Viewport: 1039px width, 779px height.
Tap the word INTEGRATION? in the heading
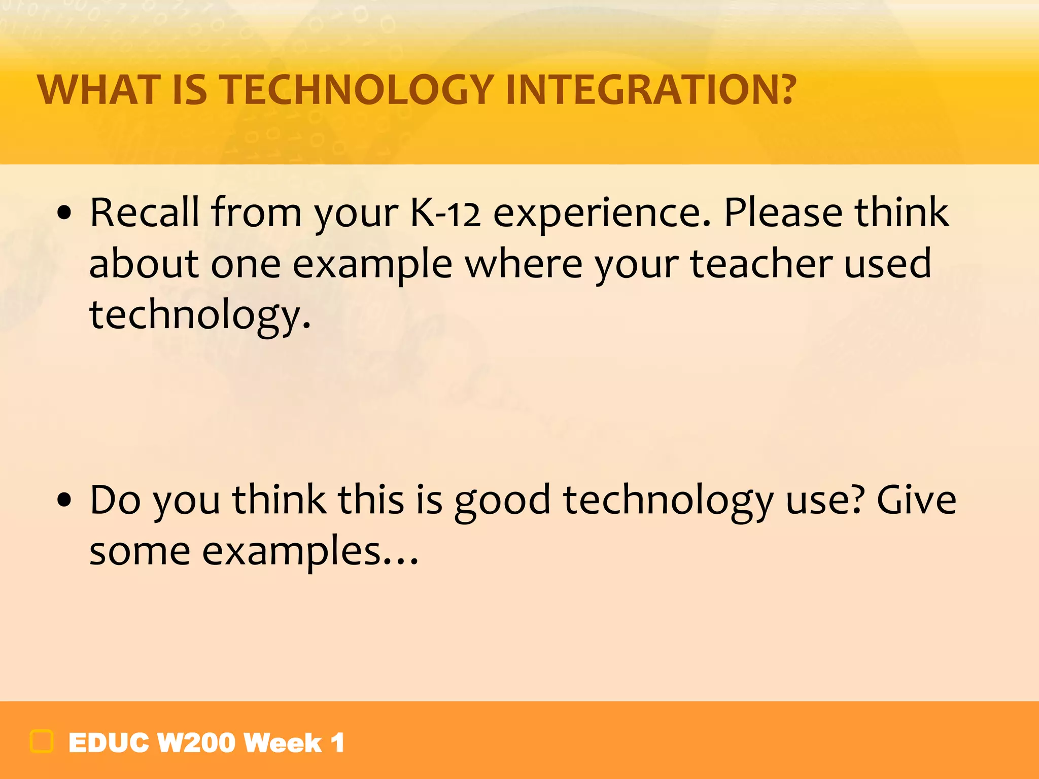click(x=650, y=90)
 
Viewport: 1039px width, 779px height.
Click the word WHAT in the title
click(x=99, y=90)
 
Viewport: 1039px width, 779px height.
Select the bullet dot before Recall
click(x=64, y=214)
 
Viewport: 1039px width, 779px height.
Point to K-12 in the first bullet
click(x=445, y=213)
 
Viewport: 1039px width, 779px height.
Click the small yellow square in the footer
click(x=42, y=741)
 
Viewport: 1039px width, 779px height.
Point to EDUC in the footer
click(x=109, y=743)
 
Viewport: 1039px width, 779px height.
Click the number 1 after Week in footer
click(x=337, y=743)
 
